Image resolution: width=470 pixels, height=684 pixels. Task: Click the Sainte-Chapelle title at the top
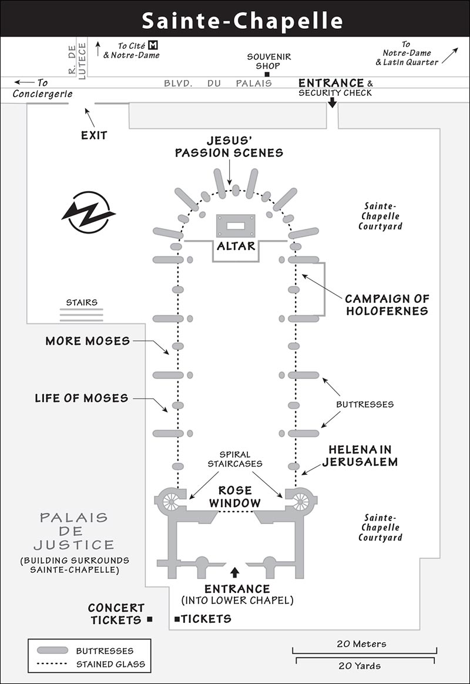coord(243,21)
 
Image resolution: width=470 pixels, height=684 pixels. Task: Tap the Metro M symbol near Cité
coord(152,45)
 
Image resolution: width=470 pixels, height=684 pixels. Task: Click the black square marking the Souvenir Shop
coord(267,74)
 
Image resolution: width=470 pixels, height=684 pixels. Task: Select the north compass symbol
coord(89,212)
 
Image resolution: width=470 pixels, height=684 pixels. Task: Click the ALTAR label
coord(236,246)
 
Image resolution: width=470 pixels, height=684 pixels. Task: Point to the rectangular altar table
coord(236,225)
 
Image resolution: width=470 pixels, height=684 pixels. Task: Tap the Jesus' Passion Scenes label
coord(229,147)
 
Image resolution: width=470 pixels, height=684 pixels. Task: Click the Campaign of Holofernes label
coord(387,305)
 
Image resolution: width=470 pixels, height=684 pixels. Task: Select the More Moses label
coord(88,341)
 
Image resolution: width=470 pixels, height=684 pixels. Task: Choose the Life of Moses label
coord(82,398)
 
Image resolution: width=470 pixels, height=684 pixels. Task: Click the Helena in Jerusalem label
coord(360,456)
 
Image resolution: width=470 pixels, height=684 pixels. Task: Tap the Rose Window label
coord(235,496)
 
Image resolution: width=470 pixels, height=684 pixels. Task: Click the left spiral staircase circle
coord(171,502)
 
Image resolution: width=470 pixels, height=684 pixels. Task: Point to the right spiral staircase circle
coord(300,502)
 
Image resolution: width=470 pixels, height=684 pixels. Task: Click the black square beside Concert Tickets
coord(150,619)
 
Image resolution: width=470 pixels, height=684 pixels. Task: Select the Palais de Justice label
coord(74,531)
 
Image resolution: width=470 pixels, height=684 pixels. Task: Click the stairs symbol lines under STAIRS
coord(82,315)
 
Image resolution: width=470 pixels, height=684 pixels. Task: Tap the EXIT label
coord(94,135)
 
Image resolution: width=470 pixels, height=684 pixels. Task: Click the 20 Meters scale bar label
coord(361,644)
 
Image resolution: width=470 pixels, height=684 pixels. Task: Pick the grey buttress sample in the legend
coord(53,650)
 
